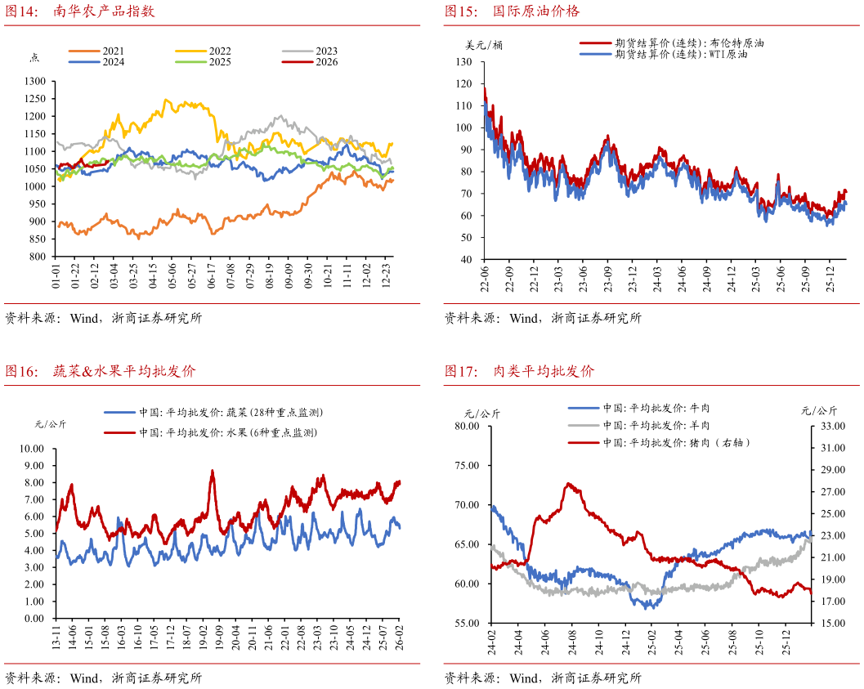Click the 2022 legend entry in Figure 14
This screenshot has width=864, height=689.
pos(204,51)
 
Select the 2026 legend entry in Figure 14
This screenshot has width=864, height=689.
pos(310,62)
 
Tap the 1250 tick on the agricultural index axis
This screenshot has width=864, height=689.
pos(35,99)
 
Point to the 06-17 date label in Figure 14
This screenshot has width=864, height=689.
pos(211,275)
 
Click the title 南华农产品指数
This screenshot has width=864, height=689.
pos(104,11)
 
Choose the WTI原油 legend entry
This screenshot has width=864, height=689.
pos(664,54)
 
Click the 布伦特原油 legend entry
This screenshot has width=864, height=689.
pos(672,43)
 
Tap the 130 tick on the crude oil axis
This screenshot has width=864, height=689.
pos(464,61)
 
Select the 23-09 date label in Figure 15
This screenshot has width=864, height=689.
pos(608,279)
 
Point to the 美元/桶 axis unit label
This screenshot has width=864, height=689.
pos(484,45)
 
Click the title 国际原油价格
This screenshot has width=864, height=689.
pos(536,11)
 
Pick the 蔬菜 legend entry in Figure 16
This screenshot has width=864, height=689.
pos(214,413)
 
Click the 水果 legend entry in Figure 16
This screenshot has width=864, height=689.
pos(211,432)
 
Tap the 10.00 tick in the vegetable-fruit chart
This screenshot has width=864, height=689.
pos(31,449)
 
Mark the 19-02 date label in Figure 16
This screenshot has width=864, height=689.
pos(203,638)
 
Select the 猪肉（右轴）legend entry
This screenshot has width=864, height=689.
pos(659,443)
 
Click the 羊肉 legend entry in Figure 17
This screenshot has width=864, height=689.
pos(639,425)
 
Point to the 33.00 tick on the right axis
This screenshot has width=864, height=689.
pos(833,426)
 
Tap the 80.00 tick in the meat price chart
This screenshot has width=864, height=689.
pos(467,426)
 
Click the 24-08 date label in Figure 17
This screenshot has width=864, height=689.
pos(572,642)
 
